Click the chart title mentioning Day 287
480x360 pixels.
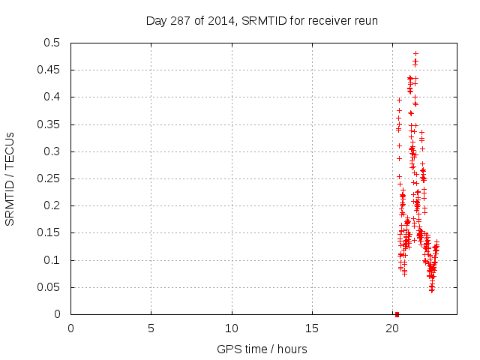pyautogui.click(x=262, y=21)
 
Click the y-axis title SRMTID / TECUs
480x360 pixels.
pyautogui.click(x=10, y=179)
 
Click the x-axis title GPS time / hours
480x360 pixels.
pyautogui.click(x=262, y=349)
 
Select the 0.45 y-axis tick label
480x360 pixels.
pyautogui.click(x=52, y=70)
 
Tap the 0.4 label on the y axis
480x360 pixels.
pyautogui.click(x=55, y=97)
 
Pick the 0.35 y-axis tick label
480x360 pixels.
pyautogui.click(x=52, y=124)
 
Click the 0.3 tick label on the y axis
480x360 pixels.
pyautogui.click(x=55, y=151)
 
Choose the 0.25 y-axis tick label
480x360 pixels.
pyautogui.click(x=52, y=178)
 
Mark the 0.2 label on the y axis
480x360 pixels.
pyautogui.click(x=55, y=206)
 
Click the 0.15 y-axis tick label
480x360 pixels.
pyautogui.click(x=52, y=233)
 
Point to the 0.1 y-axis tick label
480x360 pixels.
pyautogui.click(x=55, y=260)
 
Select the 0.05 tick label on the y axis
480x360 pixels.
pyautogui.click(x=52, y=287)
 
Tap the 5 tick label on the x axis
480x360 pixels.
pyautogui.click(x=151, y=328)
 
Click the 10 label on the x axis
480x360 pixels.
pyautogui.click(x=232, y=328)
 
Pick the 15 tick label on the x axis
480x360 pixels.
pyautogui.click(x=312, y=328)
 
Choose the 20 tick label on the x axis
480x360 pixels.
pyautogui.click(x=392, y=328)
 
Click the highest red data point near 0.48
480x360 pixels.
pyautogui.click(x=415, y=53)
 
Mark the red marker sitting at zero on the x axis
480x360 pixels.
pyautogui.click(x=397, y=314)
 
